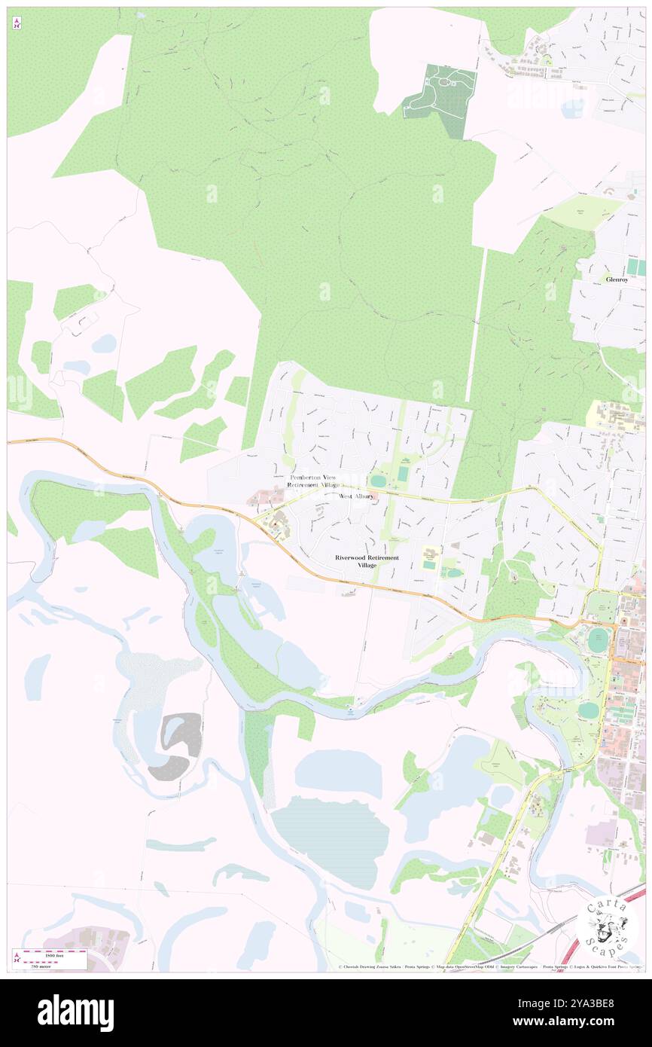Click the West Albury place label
[x=356, y=496]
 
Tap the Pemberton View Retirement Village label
[x=313, y=482]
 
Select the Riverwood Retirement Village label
[x=367, y=561]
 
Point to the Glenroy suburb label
[x=616, y=279]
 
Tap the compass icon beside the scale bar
[x=16, y=959]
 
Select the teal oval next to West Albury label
[x=377, y=480]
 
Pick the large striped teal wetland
[x=331, y=840]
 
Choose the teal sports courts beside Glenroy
[x=636, y=267]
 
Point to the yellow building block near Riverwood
[x=430, y=555]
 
